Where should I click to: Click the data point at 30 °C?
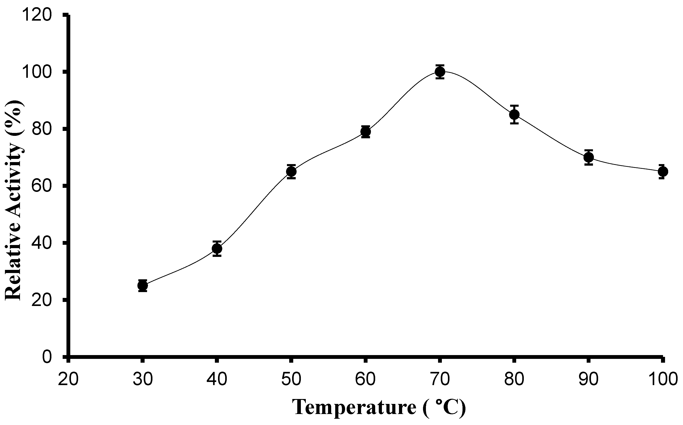[x=143, y=286]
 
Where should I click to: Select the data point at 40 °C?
[x=217, y=249]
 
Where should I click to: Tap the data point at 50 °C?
[x=291, y=171]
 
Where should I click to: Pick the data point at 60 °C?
[x=366, y=132]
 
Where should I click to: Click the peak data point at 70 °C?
[x=440, y=72]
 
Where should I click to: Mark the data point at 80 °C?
[x=514, y=114]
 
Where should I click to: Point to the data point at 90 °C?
[x=588, y=157]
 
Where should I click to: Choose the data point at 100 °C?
[x=663, y=171]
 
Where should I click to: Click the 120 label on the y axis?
[x=37, y=15]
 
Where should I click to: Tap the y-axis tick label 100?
[x=37, y=73]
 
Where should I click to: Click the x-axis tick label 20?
[x=68, y=379]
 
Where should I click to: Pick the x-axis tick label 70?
[x=440, y=379]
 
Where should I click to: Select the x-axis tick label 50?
[x=291, y=379]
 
